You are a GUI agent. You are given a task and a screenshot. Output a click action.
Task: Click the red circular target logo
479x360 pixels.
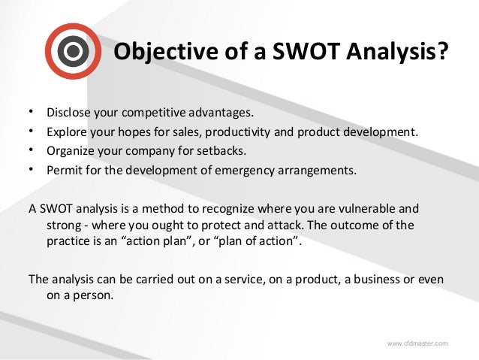tap(73, 51)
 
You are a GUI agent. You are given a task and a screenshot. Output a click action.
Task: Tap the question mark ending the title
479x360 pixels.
tap(444, 53)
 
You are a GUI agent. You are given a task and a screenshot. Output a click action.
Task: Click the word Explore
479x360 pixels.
tap(67, 132)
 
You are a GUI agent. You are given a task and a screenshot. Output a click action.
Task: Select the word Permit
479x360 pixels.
tap(65, 170)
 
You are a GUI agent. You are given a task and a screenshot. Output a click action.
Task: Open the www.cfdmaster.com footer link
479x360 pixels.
tap(417, 343)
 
